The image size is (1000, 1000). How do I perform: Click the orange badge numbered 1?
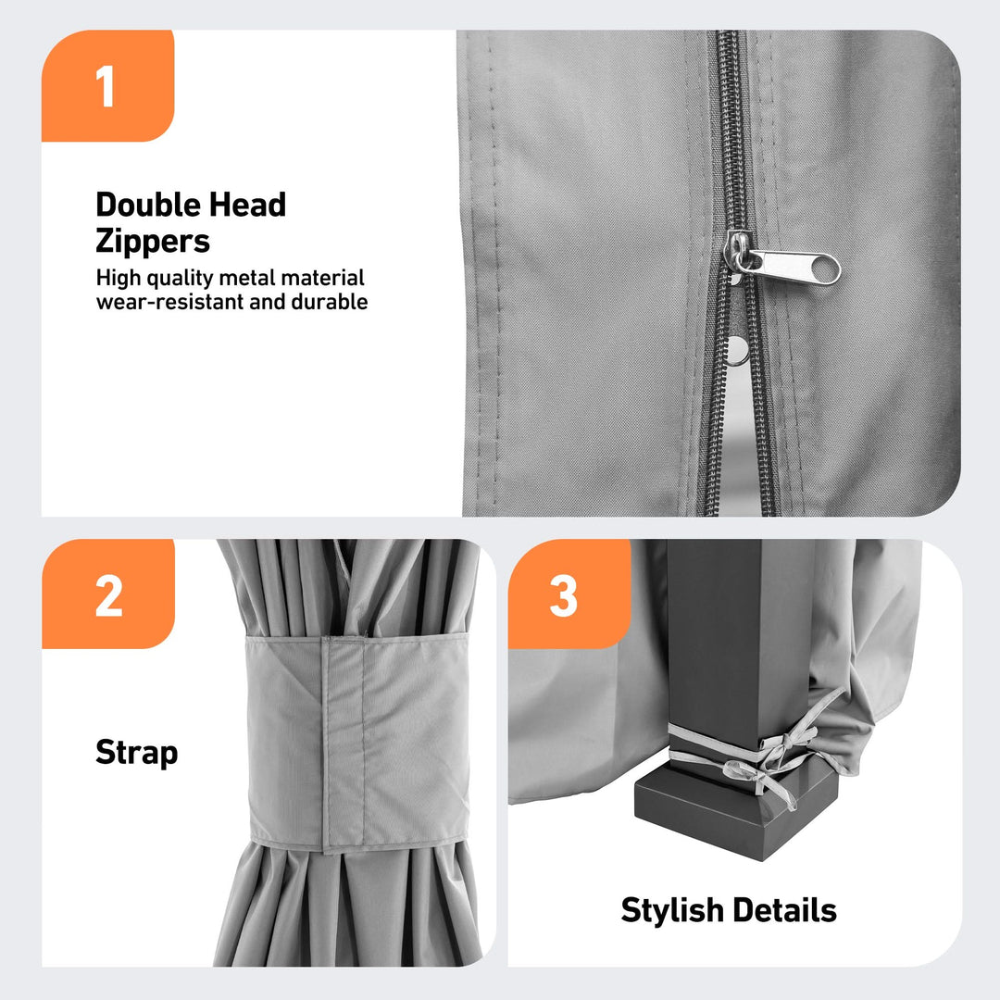pyautogui.click(x=107, y=85)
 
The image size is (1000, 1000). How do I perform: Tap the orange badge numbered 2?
pyautogui.click(x=108, y=594)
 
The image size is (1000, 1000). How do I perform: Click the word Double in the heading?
pyautogui.click(x=148, y=206)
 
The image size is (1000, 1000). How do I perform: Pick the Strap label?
pyautogui.click(x=136, y=753)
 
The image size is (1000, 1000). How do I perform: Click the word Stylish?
pyautogui.click(x=673, y=911)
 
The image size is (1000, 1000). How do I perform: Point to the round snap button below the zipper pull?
pyautogui.click(x=737, y=350)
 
